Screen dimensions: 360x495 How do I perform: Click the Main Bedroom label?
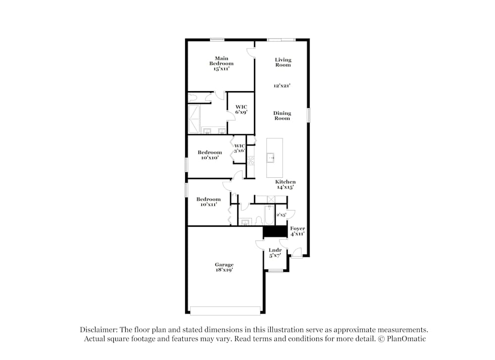[x=221, y=63]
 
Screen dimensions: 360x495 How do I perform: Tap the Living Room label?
[x=283, y=62]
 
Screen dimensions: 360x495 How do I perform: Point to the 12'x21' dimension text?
[x=282, y=86]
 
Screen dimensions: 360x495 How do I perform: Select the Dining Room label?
[x=282, y=115]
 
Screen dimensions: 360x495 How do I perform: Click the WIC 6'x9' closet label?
[x=241, y=109]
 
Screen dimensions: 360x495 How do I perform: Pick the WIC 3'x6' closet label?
[x=240, y=148]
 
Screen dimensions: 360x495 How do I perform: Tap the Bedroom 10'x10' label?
[x=209, y=155]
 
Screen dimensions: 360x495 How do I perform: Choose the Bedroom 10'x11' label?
[x=209, y=202]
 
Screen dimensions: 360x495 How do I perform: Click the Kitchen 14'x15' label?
[x=286, y=185]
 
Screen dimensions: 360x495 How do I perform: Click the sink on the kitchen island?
[x=271, y=158]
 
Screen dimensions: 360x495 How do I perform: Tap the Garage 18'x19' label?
[x=224, y=267]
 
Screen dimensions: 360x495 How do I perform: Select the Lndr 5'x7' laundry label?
[x=275, y=253]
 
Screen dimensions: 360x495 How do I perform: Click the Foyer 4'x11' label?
[x=297, y=231]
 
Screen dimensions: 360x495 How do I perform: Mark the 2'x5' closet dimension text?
[x=281, y=215]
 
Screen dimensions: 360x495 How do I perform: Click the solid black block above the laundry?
[x=275, y=231]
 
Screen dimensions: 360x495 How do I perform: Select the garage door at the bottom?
[x=225, y=310]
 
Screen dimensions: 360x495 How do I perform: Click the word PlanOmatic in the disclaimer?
[x=407, y=339]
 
